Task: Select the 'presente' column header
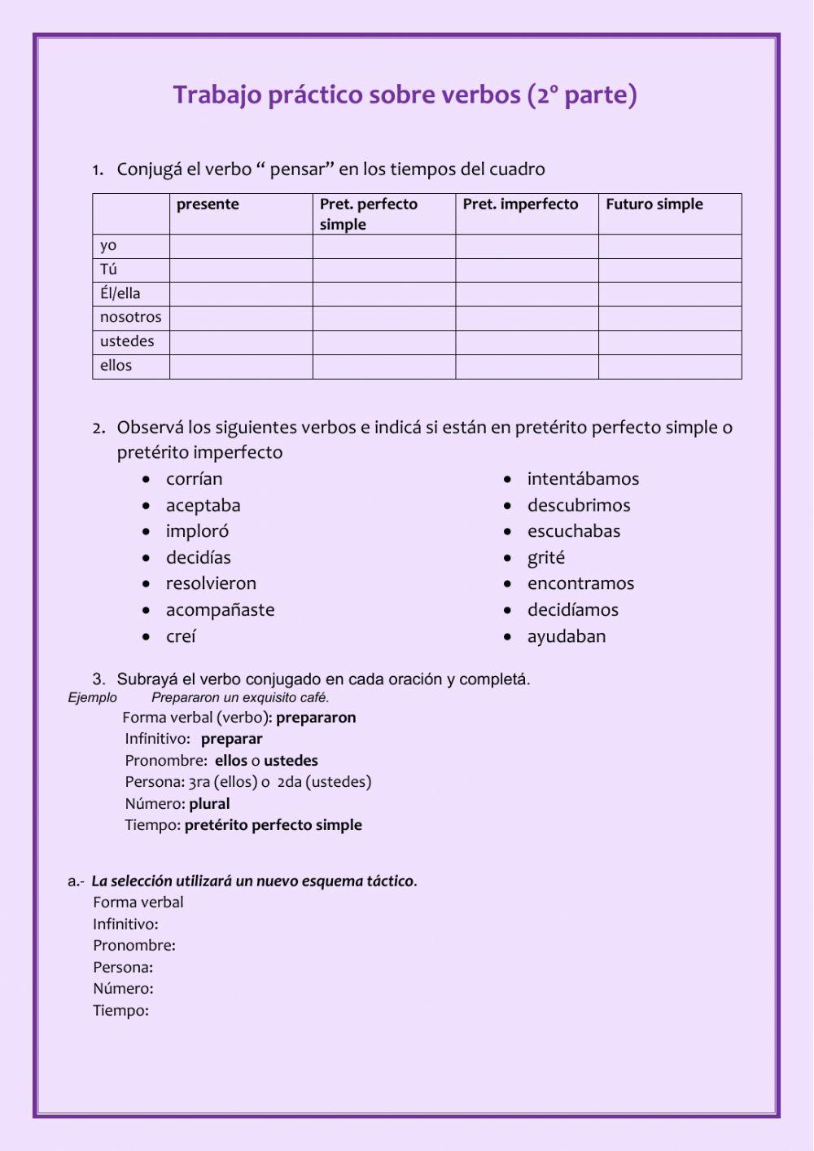(x=208, y=204)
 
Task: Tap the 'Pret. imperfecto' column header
(x=520, y=204)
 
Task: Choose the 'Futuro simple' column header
(x=654, y=204)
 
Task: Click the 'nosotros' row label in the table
(x=130, y=317)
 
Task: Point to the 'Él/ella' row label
(x=120, y=293)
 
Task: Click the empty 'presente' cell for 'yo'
(x=241, y=246)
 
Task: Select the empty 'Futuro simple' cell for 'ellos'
(x=669, y=367)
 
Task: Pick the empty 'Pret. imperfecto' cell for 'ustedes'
(x=526, y=342)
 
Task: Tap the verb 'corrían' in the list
(x=194, y=479)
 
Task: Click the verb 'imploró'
(x=197, y=531)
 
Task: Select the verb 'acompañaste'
(x=220, y=610)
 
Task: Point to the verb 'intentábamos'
(x=583, y=479)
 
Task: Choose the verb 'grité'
(x=545, y=558)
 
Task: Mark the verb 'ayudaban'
(x=566, y=636)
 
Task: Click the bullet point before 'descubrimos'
(x=507, y=506)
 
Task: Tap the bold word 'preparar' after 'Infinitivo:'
(x=231, y=739)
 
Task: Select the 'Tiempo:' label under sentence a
(x=120, y=1011)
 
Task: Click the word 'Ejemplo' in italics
(x=92, y=698)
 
